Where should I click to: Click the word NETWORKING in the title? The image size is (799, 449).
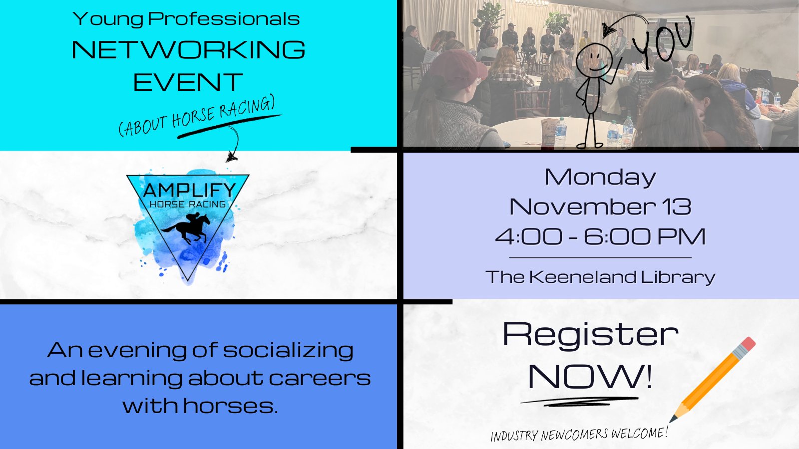[188, 50]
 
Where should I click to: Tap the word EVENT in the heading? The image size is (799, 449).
[188, 82]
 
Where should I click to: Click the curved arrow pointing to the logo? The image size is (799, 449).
[233, 145]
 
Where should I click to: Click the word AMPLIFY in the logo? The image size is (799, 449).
[189, 190]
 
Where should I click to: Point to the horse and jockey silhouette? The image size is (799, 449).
[187, 228]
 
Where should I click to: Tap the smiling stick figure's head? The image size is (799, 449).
[594, 59]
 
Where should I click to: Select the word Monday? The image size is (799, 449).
[600, 177]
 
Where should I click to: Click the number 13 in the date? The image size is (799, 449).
[677, 207]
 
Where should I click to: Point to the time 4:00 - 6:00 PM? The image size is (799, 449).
[600, 236]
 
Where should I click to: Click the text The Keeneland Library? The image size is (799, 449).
[600, 277]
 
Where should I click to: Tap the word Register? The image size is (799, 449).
[590, 334]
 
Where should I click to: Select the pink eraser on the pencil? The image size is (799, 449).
[747, 345]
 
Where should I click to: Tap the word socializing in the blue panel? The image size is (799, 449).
[288, 350]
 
